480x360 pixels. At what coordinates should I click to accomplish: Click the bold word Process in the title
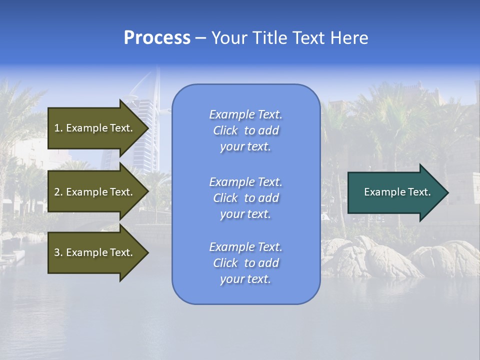(x=157, y=38)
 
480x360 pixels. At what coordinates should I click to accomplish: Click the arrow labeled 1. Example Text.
(x=95, y=128)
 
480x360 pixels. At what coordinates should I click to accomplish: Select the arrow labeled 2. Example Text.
(x=95, y=192)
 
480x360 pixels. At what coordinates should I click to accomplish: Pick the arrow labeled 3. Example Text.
(x=95, y=252)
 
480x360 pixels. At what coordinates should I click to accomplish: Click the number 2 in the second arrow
(x=57, y=192)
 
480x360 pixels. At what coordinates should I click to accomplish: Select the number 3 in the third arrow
(x=57, y=252)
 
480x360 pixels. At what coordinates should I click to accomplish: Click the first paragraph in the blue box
(x=245, y=130)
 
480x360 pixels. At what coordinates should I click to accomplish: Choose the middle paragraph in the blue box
(x=245, y=198)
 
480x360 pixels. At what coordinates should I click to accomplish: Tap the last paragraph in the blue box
(x=245, y=263)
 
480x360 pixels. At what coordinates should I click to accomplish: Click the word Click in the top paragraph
(x=225, y=130)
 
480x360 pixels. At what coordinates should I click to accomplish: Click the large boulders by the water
(x=370, y=257)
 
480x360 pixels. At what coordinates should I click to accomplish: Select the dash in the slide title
(x=200, y=38)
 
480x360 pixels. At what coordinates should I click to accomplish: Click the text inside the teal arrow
(x=397, y=192)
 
